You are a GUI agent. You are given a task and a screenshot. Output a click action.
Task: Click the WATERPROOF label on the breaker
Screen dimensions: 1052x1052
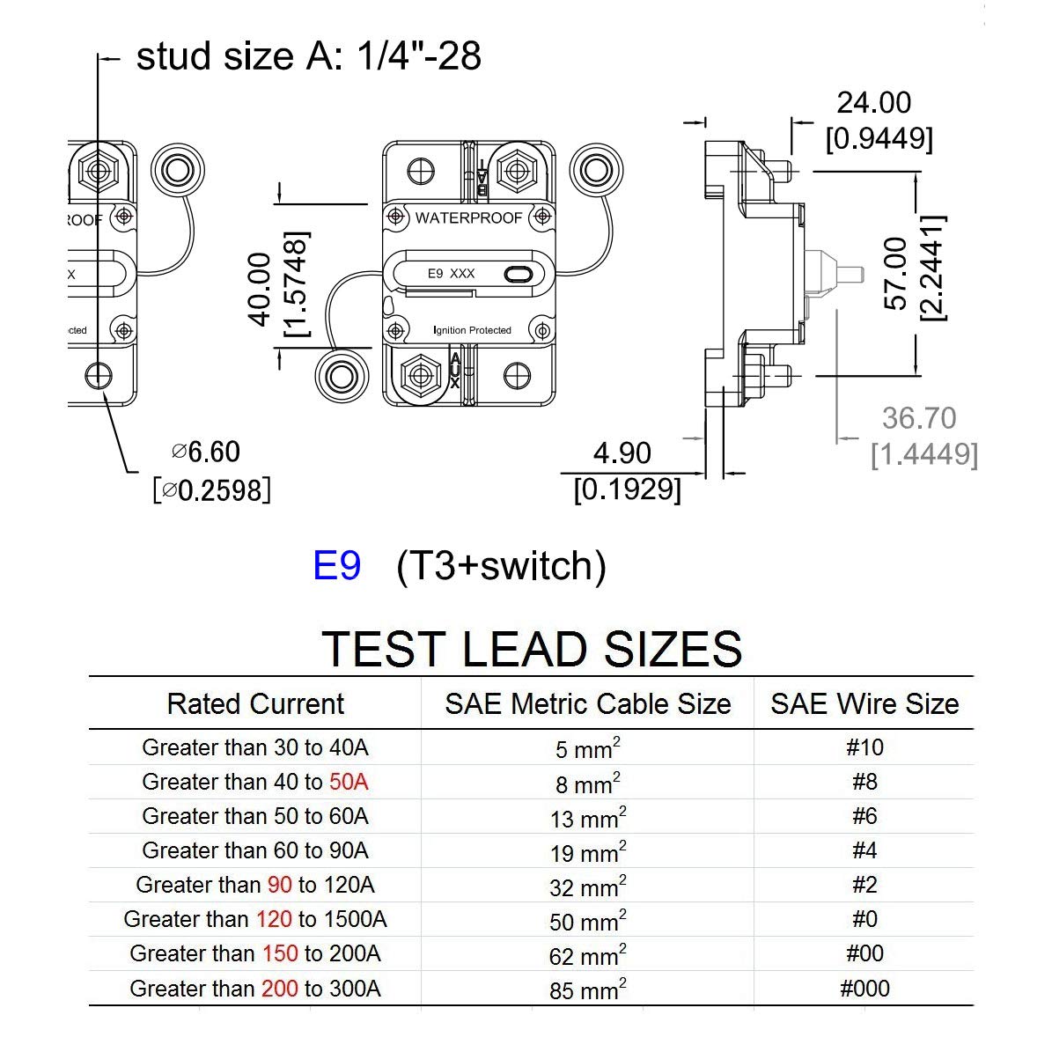point(468,217)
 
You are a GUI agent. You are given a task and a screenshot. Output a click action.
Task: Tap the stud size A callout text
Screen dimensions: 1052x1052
point(308,56)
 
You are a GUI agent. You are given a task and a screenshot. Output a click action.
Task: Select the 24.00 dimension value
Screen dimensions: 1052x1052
point(873,103)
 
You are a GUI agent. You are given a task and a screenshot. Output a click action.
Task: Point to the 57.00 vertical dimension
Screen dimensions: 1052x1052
point(895,273)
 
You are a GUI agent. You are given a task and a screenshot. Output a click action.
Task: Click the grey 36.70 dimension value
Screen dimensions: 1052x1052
point(919,418)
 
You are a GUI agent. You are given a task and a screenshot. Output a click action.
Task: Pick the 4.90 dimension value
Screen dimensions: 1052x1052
point(622,453)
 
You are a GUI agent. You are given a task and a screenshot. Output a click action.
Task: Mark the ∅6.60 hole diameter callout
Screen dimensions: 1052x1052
point(206,452)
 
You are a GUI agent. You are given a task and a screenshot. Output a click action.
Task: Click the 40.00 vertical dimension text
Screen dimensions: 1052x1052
point(261,289)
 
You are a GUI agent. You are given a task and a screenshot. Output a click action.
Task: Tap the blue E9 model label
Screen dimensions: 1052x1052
point(336,565)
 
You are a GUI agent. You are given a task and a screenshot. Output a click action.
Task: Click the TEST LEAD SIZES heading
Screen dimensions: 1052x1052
point(532,649)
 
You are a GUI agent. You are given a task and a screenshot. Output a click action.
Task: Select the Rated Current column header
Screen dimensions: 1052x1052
point(255,704)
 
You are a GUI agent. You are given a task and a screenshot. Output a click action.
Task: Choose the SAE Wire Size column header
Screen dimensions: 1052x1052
point(864,704)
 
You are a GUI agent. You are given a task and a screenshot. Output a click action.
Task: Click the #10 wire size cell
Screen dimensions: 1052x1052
point(864,747)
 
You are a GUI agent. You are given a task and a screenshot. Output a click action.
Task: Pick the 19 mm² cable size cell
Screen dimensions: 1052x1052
point(588,852)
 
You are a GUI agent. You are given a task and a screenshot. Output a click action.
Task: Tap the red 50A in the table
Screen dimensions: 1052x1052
point(349,782)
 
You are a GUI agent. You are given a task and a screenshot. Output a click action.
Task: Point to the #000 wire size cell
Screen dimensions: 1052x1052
point(864,989)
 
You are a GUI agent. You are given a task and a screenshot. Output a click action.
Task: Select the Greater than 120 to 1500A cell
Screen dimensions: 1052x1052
point(255,920)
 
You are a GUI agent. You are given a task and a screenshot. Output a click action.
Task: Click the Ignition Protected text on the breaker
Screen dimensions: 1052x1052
point(473,330)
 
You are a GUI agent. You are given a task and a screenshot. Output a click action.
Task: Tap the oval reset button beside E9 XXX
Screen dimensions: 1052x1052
point(519,275)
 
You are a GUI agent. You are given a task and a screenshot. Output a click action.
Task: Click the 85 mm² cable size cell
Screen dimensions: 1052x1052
point(588,989)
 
